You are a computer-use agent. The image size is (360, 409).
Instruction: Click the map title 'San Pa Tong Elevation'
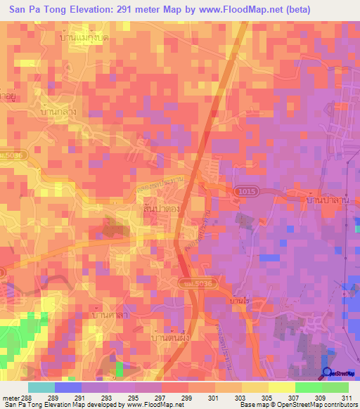click(74, 10)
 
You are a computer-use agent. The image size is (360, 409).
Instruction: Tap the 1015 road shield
click(243, 191)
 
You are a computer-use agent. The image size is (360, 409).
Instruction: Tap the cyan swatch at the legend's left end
click(41, 387)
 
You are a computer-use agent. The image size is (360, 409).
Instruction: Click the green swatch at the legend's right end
click(335, 387)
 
